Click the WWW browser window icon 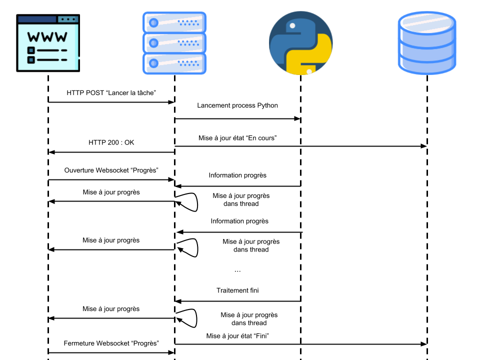point(48,43)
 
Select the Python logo point(300,43)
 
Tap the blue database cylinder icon point(427,43)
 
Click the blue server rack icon point(174,43)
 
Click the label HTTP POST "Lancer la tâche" point(111,93)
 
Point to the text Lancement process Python point(237,105)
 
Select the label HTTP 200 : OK point(111,142)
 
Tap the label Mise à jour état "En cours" point(237,138)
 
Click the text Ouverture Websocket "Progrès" point(111,170)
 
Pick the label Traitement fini point(237,290)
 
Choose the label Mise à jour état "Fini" point(237,336)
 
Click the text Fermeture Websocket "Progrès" point(111,343)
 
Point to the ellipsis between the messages point(237,271)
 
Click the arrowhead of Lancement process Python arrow point(297,118)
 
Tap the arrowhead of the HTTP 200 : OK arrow point(51,152)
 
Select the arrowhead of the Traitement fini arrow point(178,301)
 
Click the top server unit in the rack point(174,22)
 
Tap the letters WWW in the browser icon point(47,37)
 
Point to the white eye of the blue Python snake point(292,25)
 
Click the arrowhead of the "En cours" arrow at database point(423,146)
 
